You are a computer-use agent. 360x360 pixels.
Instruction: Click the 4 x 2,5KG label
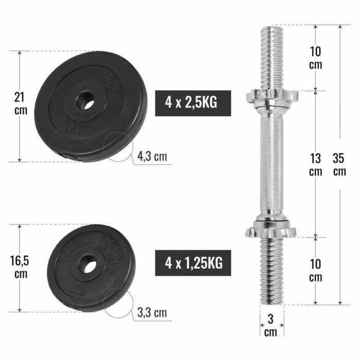pos(191,102)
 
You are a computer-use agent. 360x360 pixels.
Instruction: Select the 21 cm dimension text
pos(21,103)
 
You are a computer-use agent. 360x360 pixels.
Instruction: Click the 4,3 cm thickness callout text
pos(152,156)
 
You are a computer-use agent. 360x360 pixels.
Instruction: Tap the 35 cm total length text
pos(339,165)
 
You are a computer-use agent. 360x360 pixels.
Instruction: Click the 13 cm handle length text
pos(315,165)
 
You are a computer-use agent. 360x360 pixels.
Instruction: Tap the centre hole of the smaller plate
pos(87,266)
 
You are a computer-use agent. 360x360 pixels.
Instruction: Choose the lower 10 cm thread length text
pos(315,270)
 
